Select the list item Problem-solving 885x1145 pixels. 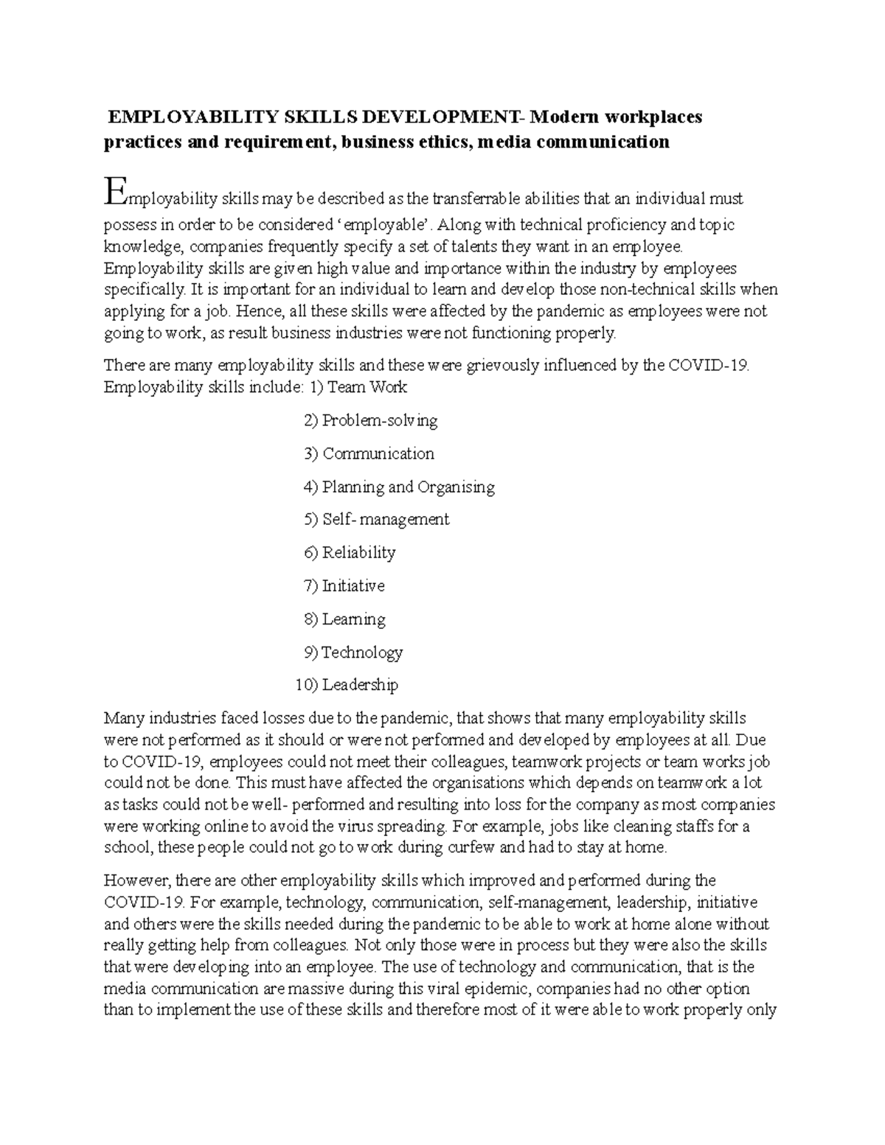tap(380, 421)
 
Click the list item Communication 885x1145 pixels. tap(378, 454)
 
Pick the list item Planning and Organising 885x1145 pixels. tap(409, 487)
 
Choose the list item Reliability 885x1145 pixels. tap(358, 553)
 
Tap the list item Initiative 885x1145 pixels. tap(353, 586)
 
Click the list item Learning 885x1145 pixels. tap(354, 619)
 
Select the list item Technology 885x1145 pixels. tap(362, 652)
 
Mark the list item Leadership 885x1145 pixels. tap(360, 685)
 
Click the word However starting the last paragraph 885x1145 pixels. tap(136, 880)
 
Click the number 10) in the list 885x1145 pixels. tap(306, 685)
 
